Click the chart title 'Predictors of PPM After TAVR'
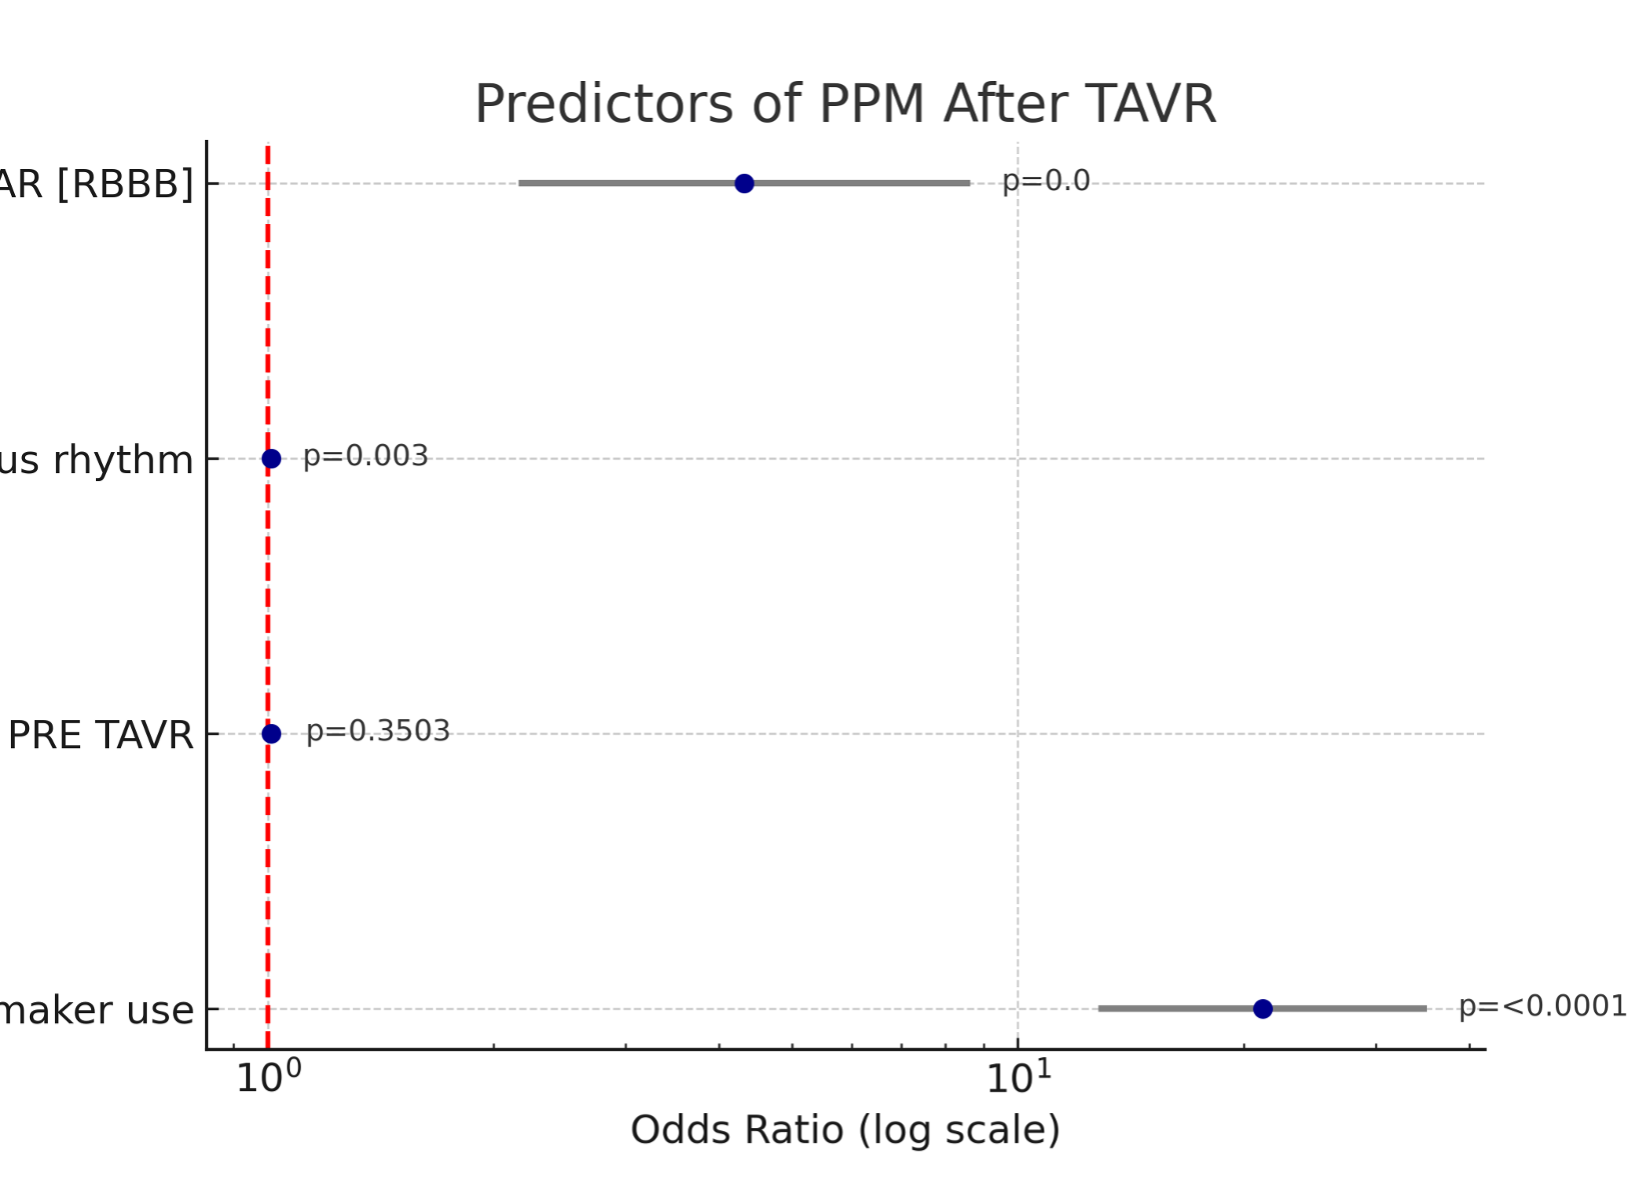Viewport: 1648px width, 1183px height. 844,104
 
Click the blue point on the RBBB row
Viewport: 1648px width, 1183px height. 744,183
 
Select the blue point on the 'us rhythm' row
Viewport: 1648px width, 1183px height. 271,459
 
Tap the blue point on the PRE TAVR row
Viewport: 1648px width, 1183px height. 271,734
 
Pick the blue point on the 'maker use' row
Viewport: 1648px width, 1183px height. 1262,1009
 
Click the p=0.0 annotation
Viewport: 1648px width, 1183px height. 1045,181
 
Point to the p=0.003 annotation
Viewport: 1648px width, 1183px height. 366,456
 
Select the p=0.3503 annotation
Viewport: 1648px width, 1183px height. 378,731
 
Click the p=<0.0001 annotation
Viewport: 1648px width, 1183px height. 1542,1006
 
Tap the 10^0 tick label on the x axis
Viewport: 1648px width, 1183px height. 267,1078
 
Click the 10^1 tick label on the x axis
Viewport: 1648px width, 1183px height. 1017,1078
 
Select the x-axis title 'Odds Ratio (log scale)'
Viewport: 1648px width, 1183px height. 844,1130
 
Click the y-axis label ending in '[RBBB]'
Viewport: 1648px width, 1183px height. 96,184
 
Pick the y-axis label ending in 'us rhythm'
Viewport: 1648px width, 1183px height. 96,460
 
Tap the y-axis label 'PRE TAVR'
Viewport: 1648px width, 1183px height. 100,735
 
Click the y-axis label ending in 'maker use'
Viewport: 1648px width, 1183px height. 97,1010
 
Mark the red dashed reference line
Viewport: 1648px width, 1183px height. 268,600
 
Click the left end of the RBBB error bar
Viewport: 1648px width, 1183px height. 521,183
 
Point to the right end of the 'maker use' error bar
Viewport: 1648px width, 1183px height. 1424,1009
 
